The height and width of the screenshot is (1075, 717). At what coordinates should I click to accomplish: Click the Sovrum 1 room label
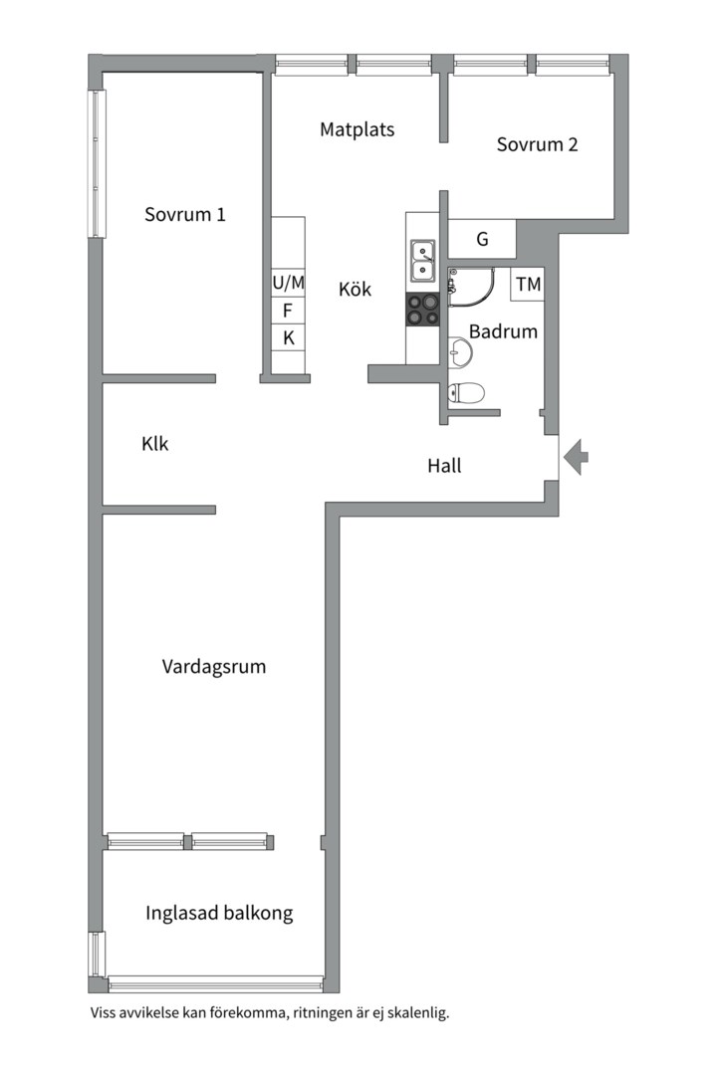coord(185,214)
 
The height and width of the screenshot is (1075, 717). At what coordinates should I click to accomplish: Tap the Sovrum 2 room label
coord(537,144)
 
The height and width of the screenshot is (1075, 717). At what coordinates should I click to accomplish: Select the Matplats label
coord(357,129)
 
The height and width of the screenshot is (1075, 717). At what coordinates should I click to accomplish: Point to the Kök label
coord(355,290)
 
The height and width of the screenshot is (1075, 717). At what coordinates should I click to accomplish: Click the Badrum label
coord(503,331)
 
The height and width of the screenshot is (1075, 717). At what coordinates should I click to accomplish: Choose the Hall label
coord(444,465)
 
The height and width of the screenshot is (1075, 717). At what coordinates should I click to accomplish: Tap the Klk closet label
coord(155,444)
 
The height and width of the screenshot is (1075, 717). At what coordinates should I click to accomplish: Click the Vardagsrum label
coord(214,667)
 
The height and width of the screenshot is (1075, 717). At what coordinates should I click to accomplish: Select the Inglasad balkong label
coord(219,913)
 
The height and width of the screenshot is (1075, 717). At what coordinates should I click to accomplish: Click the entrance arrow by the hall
coord(576,457)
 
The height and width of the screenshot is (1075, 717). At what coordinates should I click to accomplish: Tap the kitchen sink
coord(422,259)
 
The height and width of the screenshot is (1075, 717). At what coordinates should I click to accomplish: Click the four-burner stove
coord(422,311)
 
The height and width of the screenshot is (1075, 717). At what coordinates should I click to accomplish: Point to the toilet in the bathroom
coord(466,393)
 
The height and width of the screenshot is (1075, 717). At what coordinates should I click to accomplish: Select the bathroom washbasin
coord(460,349)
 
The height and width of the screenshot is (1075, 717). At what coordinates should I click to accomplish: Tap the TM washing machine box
coord(528,285)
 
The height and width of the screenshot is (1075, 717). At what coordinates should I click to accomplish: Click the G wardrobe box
coord(482,240)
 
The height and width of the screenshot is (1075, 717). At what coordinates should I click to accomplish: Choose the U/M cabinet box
coord(289,283)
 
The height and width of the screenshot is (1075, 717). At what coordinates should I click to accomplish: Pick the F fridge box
coord(288,311)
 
